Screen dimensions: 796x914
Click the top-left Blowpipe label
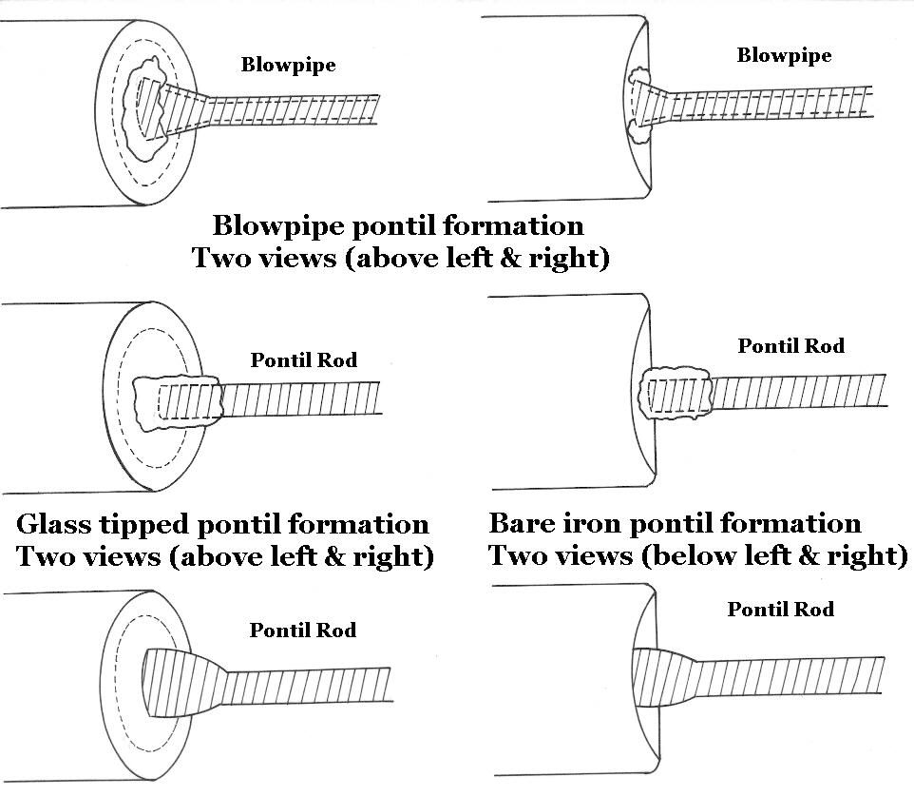pos(288,66)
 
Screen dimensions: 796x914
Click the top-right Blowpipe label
pos(784,56)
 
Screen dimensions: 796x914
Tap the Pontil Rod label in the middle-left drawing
pos(304,360)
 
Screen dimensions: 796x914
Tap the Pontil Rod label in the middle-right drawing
pos(790,347)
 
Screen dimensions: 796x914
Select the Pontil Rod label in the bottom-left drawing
pos(302,631)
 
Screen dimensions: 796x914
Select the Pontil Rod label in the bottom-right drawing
pos(780,610)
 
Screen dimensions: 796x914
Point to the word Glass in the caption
pos(59,525)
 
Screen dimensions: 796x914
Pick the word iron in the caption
pos(594,523)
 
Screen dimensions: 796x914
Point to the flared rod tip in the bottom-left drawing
pos(171,682)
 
